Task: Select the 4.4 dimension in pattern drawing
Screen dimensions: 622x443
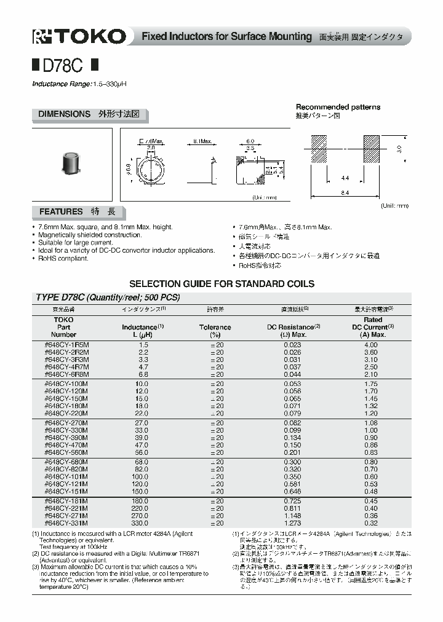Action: click(345, 178)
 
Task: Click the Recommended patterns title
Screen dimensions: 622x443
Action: click(338, 107)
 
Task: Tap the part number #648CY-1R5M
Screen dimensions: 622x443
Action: click(66, 346)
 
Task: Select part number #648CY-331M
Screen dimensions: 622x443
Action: click(66, 523)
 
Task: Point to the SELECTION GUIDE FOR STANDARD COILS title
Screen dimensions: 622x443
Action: click(221, 284)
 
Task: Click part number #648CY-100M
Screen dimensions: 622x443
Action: click(66, 384)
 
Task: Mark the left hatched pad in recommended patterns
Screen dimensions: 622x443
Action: click(316, 149)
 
